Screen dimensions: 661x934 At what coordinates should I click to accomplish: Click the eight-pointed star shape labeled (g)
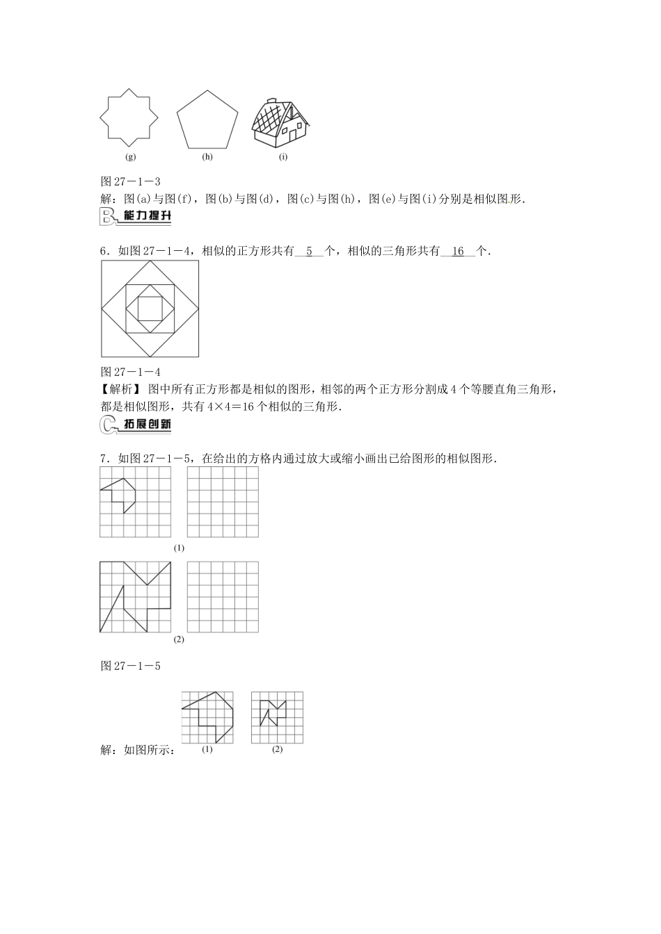pyautogui.click(x=129, y=118)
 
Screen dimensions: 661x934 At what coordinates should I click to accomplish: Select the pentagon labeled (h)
pyautogui.click(x=207, y=120)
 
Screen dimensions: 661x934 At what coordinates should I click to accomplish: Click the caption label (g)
pyautogui.click(x=129, y=157)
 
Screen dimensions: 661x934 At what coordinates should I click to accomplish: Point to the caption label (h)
pyautogui.click(x=207, y=157)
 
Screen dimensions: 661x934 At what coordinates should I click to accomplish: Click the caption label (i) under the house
pyautogui.click(x=283, y=157)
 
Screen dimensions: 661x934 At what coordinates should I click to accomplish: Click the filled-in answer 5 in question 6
pyautogui.click(x=310, y=252)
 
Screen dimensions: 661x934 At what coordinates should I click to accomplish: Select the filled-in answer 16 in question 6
pyautogui.click(x=458, y=252)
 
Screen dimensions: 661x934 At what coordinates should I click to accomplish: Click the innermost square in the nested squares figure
pyautogui.click(x=150, y=309)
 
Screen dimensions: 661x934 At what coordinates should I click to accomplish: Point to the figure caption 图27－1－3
pyautogui.click(x=131, y=181)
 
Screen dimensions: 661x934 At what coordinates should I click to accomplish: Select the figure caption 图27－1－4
pyautogui.click(x=131, y=372)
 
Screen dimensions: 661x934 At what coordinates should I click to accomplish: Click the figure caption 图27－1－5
pyautogui.click(x=131, y=666)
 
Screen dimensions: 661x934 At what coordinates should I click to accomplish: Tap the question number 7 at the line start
pyautogui.click(x=104, y=459)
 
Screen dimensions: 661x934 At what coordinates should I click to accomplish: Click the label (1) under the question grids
pyautogui.click(x=179, y=548)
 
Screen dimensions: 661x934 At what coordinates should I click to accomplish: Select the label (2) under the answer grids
pyautogui.click(x=277, y=749)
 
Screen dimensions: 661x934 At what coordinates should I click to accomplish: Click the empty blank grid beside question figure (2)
pyautogui.click(x=223, y=597)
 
